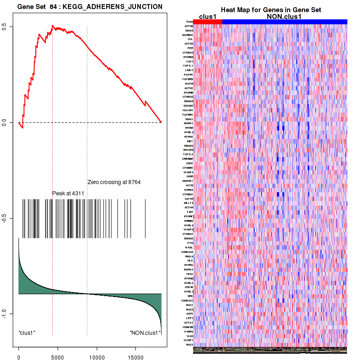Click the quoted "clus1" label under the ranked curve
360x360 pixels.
click(27, 333)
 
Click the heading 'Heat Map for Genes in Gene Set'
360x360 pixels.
click(270, 10)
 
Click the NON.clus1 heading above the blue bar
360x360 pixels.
click(284, 16)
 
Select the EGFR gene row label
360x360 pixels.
click(189, 83)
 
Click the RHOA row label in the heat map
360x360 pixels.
click(189, 256)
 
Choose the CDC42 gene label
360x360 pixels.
click(189, 287)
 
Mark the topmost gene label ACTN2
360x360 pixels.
click(189, 26)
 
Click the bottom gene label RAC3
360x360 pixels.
click(189, 345)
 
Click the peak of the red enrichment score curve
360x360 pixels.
click(53, 26)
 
